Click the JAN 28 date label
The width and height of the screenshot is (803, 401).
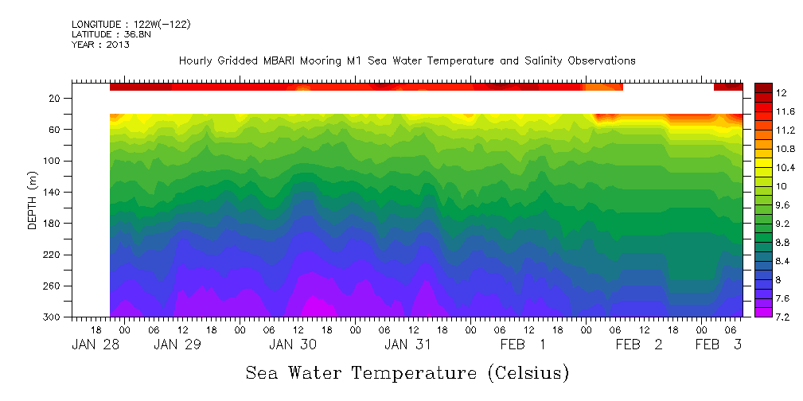point(94,345)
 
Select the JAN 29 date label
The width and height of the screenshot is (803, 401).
point(177,345)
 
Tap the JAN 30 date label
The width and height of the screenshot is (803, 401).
point(293,345)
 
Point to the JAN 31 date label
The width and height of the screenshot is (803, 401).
point(408,345)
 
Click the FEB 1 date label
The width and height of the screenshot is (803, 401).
point(523,345)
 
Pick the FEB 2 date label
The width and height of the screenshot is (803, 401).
point(639,345)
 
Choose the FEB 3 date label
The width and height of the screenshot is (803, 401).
point(719,345)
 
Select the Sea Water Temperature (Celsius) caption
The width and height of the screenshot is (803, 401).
point(407,373)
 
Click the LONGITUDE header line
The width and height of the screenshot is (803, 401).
point(131,25)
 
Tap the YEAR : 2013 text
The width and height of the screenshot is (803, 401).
point(100,45)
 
